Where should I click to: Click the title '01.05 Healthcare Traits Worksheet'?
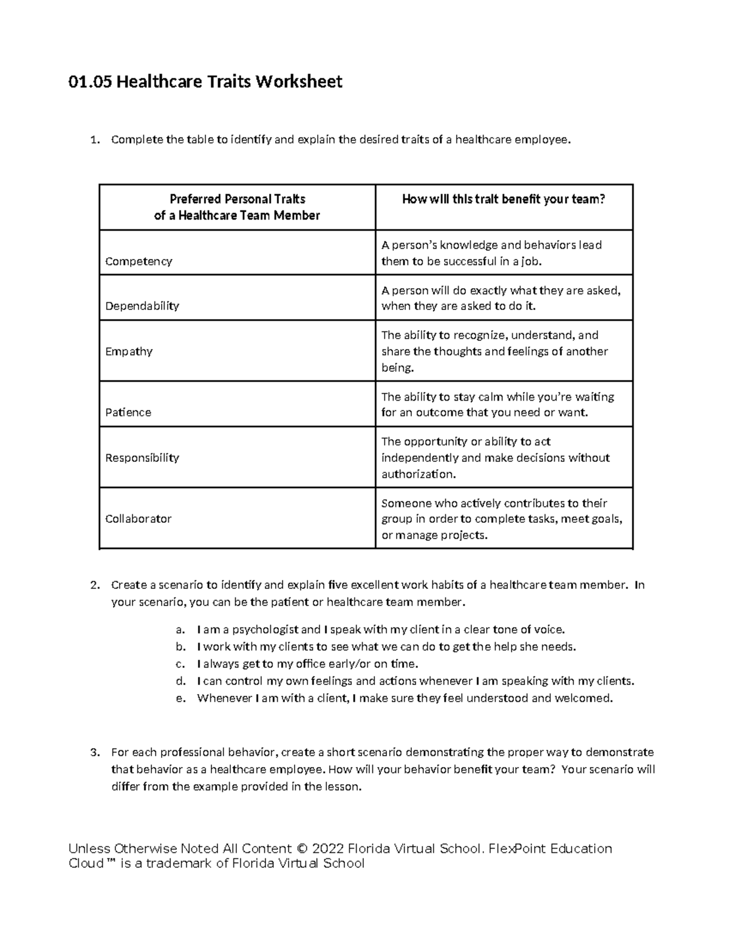click(x=205, y=81)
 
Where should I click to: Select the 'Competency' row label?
click(x=139, y=261)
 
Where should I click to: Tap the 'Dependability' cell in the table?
click(x=142, y=306)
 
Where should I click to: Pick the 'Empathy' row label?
click(x=129, y=351)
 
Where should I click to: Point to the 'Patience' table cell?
click(x=128, y=412)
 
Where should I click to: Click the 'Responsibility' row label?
click(x=142, y=458)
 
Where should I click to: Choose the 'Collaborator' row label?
click(x=139, y=519)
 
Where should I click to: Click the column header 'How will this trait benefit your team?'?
click(x=504, y=199)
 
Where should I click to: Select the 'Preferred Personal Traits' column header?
click(x=237, y=199)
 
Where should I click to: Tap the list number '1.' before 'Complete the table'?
click(x=94, y=140)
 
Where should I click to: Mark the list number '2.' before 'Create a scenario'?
click(x=94, y=585)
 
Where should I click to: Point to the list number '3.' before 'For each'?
click(x=94, y=753)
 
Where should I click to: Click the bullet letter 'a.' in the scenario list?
click(x=180, y=630)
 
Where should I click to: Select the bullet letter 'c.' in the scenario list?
click(x=180, y=664)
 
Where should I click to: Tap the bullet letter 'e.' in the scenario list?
click(x=180, y=698)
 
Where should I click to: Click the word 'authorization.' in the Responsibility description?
click(x=418, y=474)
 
